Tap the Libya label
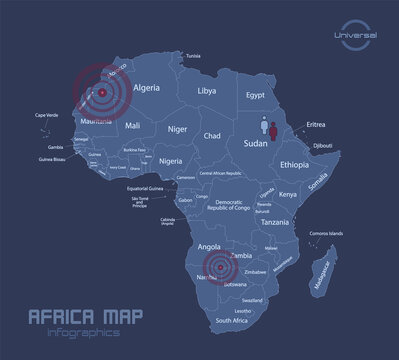(x=207, y=91)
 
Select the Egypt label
(x=257, y=96)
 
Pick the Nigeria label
(x=171, y=161)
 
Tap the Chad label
(x=212, y=135)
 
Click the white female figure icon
(x=265, y=127)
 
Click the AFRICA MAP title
(x=71, y=317)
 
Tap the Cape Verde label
(x=48, y=143)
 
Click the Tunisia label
(x=194, y=55)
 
